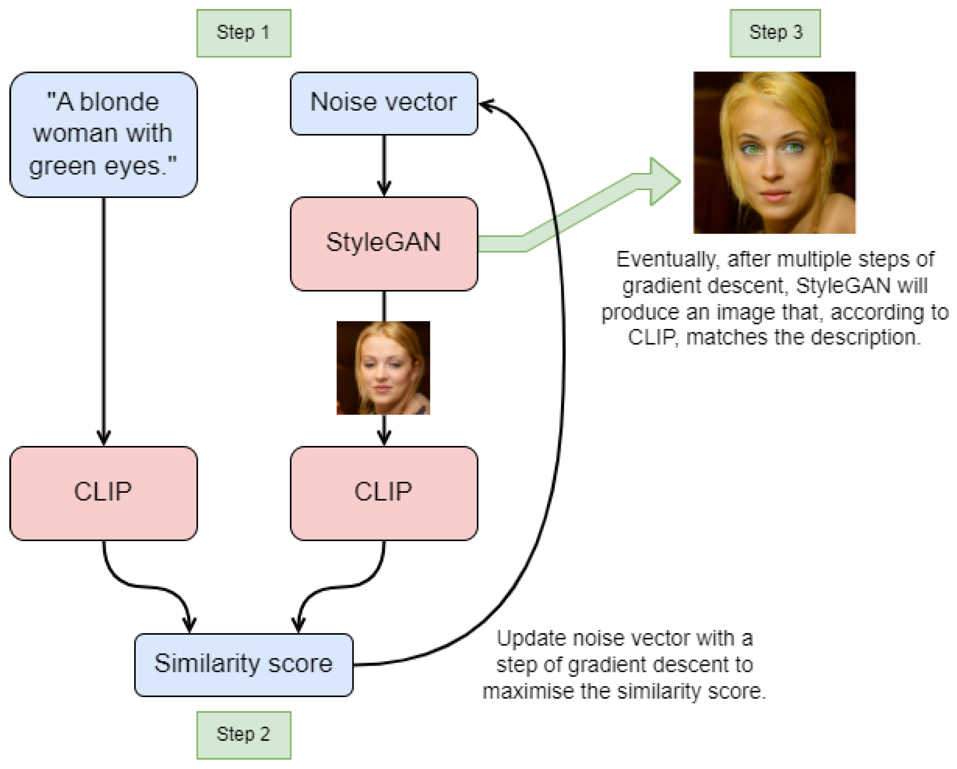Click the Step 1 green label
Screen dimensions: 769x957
click(x=244, y=33)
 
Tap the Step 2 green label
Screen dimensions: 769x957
click(x=244, y=735)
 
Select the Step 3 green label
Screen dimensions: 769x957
click(x=775, y=33)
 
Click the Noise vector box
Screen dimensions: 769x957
click(x=384, y=103)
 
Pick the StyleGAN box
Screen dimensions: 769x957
click(x=384, y=244)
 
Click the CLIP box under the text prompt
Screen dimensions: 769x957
click(x=104, y=493)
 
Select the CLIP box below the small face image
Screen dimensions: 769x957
click(x=384, y=493)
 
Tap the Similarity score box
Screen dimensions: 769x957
click(x=244, y=665)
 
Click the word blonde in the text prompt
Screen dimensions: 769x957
click(x=119, y=102)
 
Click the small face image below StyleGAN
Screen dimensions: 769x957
click(x=383, y=368)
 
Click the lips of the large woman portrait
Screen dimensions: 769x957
click(x=775, y=195)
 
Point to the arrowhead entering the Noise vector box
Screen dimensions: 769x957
click(x=486, y=105)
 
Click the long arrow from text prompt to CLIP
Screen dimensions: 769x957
click(x=104, y=320)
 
